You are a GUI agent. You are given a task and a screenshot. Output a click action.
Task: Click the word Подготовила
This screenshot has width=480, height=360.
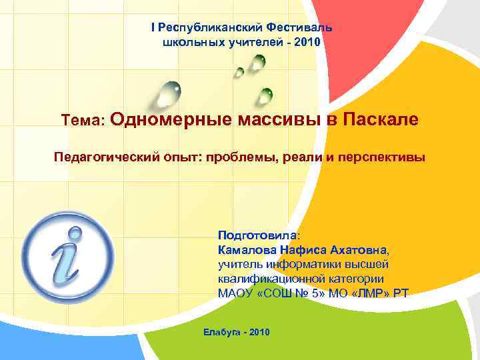coord(257,235)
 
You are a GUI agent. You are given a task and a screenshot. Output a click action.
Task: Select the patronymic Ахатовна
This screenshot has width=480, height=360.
coord(351,250)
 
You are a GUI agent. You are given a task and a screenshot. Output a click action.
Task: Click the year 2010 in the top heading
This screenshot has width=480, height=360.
coord(309,42)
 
